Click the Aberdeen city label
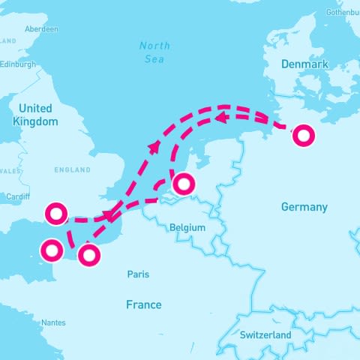pyautogui.click(x=41, y=28)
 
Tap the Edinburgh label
pyautogui.click(x=16, y=64)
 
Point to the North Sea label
pyautogui.click(x=155, y=52)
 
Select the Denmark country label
pyautogui.click(x=304, y=64)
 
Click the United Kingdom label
pyautogui.click(x=35, y=114)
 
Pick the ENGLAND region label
pyautogui.click(x=72, y=170)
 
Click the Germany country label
pyautogui.click(x=304, y=207)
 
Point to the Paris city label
pyautogui.click(x=137, y=274)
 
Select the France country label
pyautogui.click(x=143, y=304)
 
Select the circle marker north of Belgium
pyautogui.click(x=183, y=183)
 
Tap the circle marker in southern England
pyautogui.click(x=56, y=214)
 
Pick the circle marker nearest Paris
pyautogui.click(x=89, y=255)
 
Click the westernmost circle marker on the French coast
pyautogui.click(x=52, y=250)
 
